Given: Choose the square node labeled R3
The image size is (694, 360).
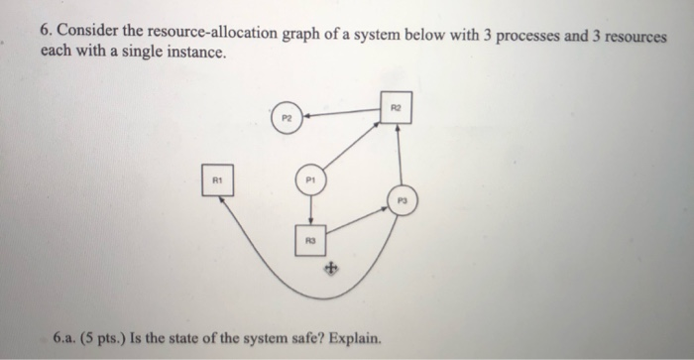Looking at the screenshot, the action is pos(311,239).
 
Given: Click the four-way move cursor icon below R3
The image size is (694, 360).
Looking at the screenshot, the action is pos(333,267).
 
